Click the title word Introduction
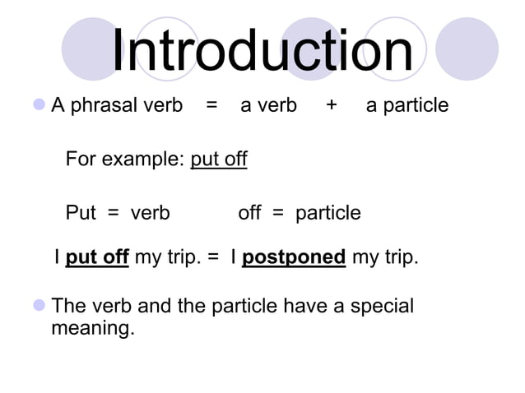(x=262, y=51)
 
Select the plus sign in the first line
(x=331, y=105)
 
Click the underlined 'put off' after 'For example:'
(x=219, y=159)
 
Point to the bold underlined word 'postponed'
(x=294, y=258)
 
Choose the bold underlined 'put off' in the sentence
(x=97, y=258)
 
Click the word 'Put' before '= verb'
(x=81, y=213)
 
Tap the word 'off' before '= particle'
(x=249, y=213)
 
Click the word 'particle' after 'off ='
(x=328, y=214)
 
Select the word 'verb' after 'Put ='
(x=150, y=213)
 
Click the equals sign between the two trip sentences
(x=213, y=258)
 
